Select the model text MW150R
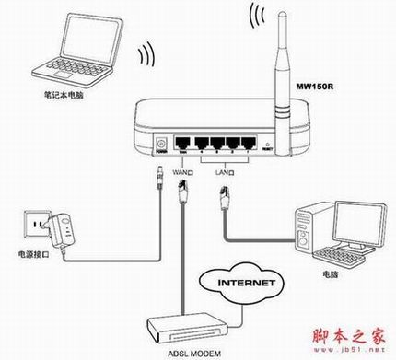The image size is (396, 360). tap(313, 87)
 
